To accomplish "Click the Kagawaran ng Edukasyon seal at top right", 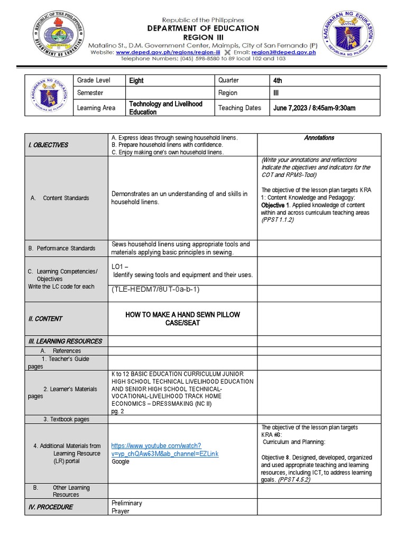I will click(350, 37).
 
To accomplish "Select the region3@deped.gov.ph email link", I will click(283, 52).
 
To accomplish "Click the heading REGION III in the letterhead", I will click(203, 38).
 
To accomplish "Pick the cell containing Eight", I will click(136, 81).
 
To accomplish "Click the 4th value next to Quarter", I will click(278, 81).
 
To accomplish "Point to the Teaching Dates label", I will click(239, 108).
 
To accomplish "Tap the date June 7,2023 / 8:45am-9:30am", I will click(314, 108).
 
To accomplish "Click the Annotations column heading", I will click(319, 138).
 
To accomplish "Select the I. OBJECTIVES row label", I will click(48, 145).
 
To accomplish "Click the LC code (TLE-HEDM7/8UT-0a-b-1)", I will click(155, 290).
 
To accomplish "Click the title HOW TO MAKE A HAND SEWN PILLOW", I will click(182, 315).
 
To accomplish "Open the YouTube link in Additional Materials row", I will click(164, 450).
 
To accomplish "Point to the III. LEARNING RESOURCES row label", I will click(65, 341).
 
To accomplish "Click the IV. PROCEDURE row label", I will click(51, 507).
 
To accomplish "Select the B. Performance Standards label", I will click(62, 248).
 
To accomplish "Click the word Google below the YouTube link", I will click(121, 461).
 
